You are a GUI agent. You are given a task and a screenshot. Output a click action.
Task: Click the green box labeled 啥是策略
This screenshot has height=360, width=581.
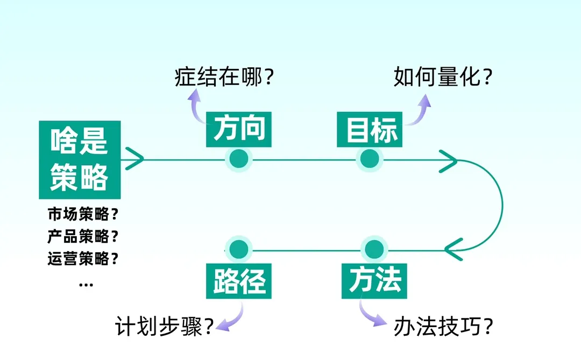80,160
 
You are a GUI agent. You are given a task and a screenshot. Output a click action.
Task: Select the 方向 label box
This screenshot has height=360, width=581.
239,129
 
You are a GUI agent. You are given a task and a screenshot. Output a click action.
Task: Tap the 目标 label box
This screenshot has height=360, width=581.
369,129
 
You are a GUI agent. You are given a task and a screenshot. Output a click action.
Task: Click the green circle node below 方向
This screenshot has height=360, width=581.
238,159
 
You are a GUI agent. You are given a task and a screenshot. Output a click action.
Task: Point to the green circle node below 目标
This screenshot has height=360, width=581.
369,159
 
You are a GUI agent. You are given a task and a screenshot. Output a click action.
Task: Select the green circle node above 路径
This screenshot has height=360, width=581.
238,249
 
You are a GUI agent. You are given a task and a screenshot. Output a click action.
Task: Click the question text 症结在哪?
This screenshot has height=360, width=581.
224,77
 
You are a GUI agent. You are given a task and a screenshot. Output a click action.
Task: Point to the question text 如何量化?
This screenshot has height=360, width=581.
443,77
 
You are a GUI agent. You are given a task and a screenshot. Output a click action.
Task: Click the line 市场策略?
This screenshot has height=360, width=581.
83,214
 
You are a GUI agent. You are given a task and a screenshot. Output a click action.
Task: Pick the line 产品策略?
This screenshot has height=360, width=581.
83,236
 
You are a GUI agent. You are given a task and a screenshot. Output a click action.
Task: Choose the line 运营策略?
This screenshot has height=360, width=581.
83,259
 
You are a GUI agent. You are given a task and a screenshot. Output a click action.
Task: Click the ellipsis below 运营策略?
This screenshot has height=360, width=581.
86,284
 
